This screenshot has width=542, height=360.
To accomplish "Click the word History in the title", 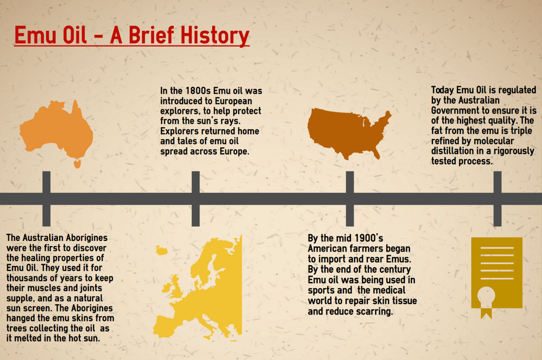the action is click(x=215, y=35).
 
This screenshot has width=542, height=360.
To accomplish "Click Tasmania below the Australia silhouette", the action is click(x=77, y=164).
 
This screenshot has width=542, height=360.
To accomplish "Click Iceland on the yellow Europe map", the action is click(x=161, y=250).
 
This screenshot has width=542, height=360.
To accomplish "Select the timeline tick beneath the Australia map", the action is click(x=47, y=199).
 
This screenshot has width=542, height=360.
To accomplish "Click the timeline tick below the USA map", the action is click(x=350, y=199).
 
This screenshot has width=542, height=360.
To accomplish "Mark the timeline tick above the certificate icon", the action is click(x=498, y=199).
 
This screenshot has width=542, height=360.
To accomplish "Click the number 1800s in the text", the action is click(x=198, y=91).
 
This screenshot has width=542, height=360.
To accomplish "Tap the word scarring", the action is click(x=376, y=312).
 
